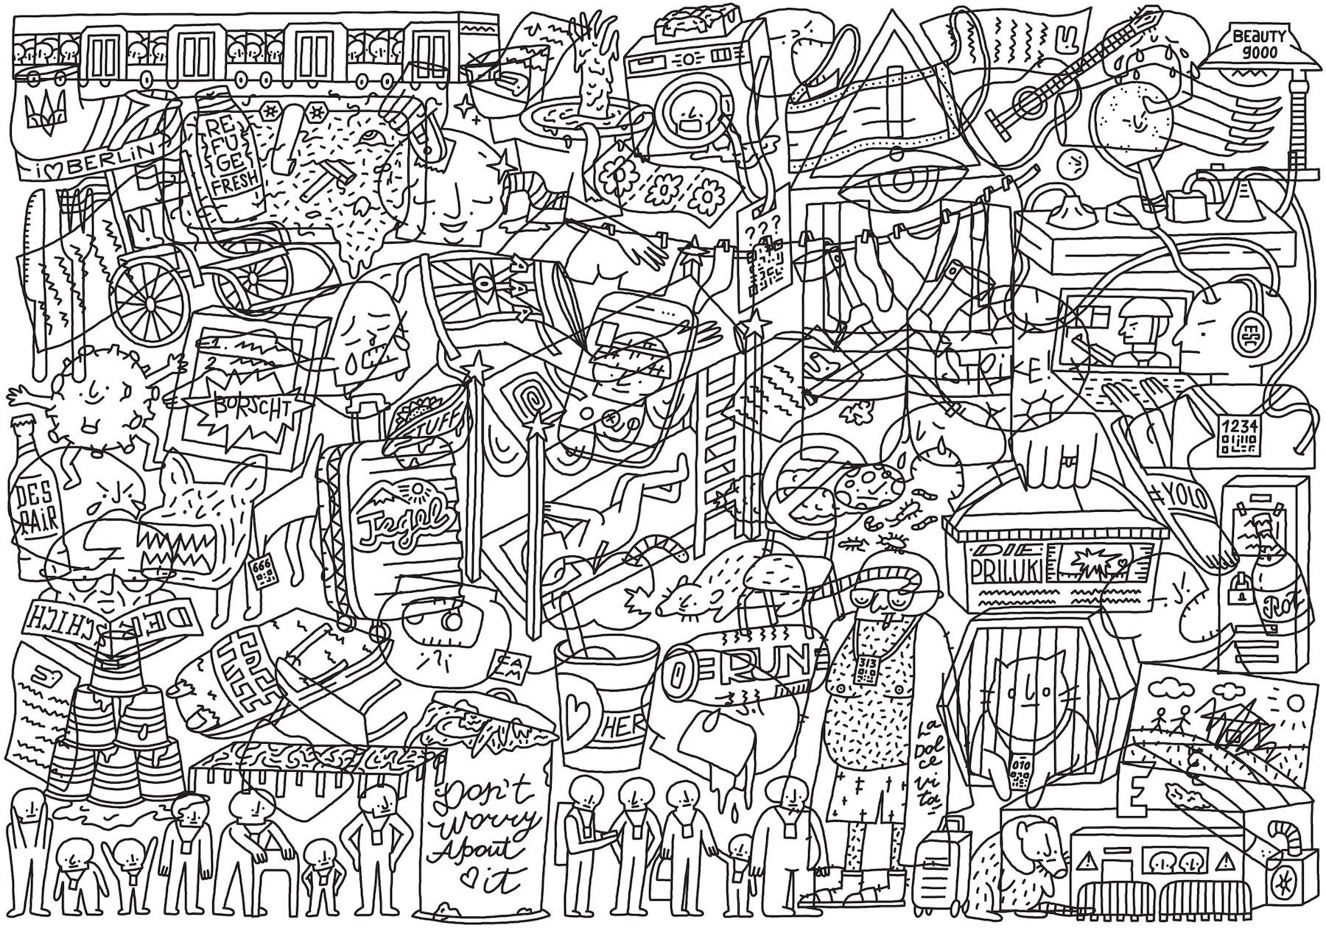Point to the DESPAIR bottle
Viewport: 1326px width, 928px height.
click(x=35, y=501)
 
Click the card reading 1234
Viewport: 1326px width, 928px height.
click(x=1235, y=435)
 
